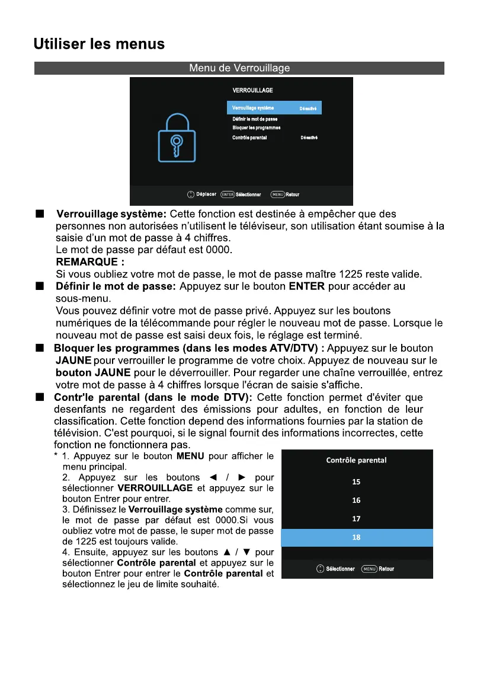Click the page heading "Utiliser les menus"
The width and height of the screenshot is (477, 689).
99,44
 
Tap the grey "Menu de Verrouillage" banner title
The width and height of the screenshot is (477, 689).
239,68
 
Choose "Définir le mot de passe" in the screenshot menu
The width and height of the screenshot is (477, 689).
255,119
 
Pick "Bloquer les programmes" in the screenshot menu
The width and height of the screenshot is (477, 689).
256,127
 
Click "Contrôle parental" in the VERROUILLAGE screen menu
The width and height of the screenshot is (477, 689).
249,138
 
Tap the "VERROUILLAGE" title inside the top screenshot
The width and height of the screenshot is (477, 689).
253,90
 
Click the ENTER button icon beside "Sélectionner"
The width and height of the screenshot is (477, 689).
228,194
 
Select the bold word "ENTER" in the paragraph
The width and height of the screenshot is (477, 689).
306,286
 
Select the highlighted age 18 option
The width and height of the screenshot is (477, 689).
356,537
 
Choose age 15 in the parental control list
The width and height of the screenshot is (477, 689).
356,482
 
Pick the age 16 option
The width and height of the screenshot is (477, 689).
356,500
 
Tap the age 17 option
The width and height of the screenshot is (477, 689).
356,519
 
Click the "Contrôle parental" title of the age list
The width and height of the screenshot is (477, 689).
356,460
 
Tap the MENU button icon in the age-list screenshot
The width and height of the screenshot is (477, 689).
369,569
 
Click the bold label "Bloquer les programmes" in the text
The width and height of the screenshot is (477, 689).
117,348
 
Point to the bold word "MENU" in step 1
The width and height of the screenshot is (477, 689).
190,456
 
